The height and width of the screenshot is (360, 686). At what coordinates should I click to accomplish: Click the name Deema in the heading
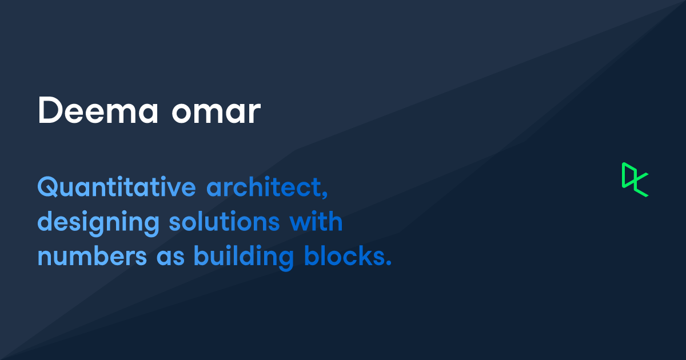tap(97, 111)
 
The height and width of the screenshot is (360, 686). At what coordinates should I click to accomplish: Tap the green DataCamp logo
tap(635, 179)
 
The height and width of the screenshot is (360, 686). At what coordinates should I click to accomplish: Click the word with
tap(316, 221)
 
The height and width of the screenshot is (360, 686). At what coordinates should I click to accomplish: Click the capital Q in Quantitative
tap(47, 187)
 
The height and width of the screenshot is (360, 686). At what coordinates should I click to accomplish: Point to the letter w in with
tap(300, 223)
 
